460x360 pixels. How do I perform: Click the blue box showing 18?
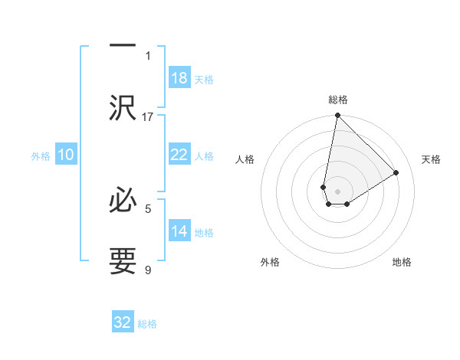tap(179, 78)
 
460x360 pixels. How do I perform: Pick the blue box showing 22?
tap(179, 155)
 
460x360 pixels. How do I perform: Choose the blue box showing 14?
tap(179, 232)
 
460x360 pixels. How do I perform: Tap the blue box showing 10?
tap(66, 155)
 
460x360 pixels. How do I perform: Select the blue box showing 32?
tap(123, 322)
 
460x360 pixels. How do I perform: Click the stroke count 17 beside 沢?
tap(148, 116)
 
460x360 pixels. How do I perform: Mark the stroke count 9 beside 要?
tap(148, 270)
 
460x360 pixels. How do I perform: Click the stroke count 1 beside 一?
tap(148, 55)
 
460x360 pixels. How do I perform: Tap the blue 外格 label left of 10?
tap(41, 155)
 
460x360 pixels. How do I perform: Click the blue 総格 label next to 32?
tap(147, 323)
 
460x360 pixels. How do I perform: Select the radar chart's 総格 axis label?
tap(338, 100)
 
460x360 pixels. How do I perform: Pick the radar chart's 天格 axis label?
tap(431, 159)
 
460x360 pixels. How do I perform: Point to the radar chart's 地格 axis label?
tap(402, 262)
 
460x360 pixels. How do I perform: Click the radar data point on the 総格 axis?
tap(337, 116)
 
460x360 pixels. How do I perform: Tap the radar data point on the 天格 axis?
tap(396, 172)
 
